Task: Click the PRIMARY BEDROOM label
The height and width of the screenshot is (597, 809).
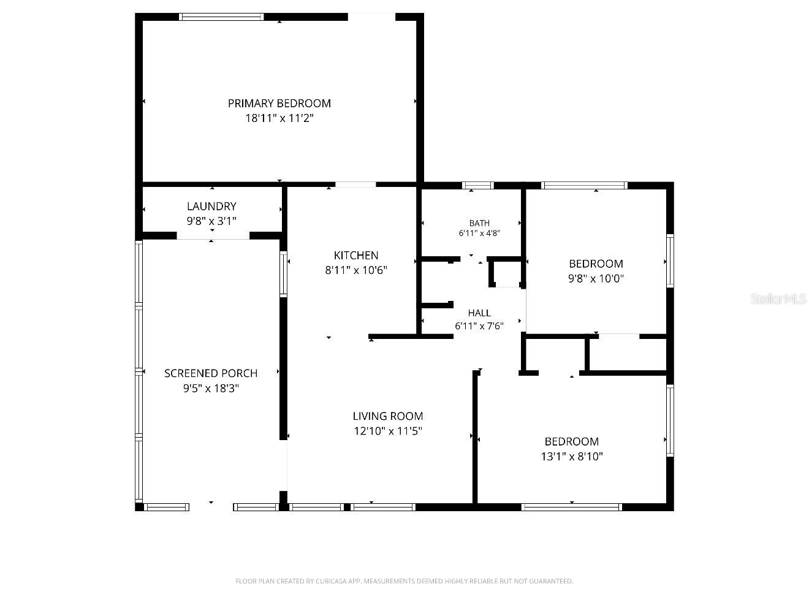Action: pos(279,104)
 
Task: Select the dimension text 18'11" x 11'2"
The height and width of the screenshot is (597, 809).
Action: pos(279,118)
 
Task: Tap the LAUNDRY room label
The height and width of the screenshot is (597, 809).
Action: pos(211,207)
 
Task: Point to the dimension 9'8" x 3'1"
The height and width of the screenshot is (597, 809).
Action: pos(211,221)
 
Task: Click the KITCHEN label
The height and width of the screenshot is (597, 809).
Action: pos(356,256)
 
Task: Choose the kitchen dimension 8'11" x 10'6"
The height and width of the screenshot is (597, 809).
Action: pos(356,270)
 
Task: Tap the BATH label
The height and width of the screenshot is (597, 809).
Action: pos(479,223)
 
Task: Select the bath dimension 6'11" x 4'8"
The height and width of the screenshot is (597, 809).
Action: pos(479,233)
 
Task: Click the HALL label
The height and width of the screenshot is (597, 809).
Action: pos(479,313)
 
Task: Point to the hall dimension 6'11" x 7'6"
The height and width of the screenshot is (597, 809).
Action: pos(479,326)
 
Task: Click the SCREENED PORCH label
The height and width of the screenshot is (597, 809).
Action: pos(211,373)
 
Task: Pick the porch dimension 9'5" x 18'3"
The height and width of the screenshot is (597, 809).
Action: pos(211,388)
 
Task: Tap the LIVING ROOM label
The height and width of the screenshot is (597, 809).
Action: pos(388,416)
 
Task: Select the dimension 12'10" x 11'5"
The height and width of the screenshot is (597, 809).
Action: pos(388,432)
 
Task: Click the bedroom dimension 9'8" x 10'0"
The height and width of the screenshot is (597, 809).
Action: pos(596,279)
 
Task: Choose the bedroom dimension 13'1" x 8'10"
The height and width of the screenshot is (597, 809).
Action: pos(572,457)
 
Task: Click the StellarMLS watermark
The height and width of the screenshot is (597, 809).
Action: pos(778,299)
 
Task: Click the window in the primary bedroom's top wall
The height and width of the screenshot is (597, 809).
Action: pos(221,17)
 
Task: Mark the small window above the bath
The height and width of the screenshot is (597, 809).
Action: pos(478,185)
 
